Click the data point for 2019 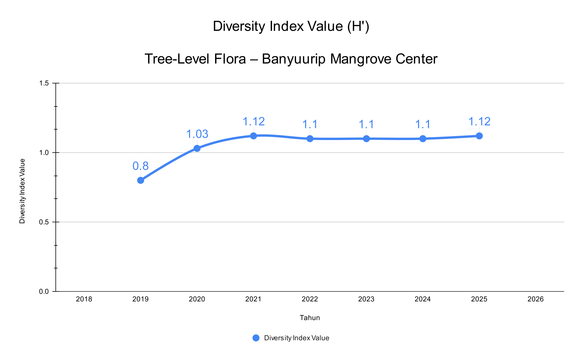140,180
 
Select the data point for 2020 197,148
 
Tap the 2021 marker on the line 253,136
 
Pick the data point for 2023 366,139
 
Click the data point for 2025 479,136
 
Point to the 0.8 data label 140,166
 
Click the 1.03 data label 197,134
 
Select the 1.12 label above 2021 254,122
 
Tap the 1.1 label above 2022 310,125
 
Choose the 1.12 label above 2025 479,122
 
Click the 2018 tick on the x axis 84,299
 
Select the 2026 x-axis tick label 536,299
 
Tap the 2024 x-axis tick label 423,299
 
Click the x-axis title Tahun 310,318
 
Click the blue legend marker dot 256,338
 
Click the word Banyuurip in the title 293,59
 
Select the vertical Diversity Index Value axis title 22,191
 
